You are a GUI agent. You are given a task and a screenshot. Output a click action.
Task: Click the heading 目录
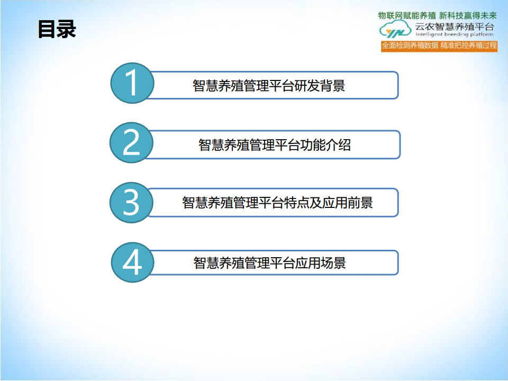57,29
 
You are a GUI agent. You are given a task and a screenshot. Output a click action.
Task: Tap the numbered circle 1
132,83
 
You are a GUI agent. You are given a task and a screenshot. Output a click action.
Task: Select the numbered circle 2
132,142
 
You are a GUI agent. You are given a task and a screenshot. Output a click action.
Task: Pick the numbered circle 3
131,203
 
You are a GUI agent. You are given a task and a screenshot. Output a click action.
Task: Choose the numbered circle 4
132,262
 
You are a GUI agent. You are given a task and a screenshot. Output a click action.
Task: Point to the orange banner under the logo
439,46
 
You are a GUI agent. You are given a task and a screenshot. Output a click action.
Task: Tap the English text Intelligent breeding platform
455,34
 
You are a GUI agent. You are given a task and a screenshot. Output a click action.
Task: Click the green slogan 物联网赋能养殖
407,15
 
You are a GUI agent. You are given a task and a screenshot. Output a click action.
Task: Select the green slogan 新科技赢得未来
468,15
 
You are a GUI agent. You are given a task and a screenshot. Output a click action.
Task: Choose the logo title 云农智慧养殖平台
455,26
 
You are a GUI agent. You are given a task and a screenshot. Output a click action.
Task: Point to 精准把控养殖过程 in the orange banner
468,46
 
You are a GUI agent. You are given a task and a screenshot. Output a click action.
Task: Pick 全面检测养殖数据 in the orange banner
410,46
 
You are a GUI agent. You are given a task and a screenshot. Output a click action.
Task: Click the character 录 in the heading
67,29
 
